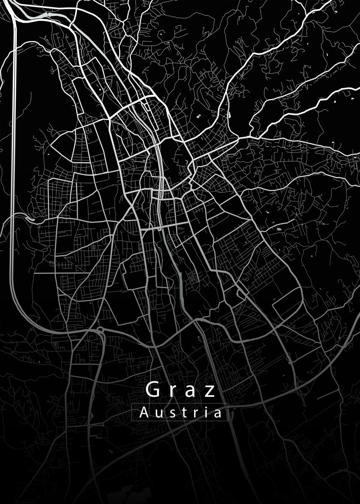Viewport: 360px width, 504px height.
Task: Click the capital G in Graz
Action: click(153, 389)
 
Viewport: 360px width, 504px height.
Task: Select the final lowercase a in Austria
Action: click(216, 414)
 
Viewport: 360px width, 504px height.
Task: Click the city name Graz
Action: click(181, 390)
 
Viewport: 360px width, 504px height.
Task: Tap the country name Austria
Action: click(180, 413)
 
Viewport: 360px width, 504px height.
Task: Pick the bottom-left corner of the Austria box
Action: click(132, 421)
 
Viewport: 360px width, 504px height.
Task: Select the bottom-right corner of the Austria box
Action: click(228, 421)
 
